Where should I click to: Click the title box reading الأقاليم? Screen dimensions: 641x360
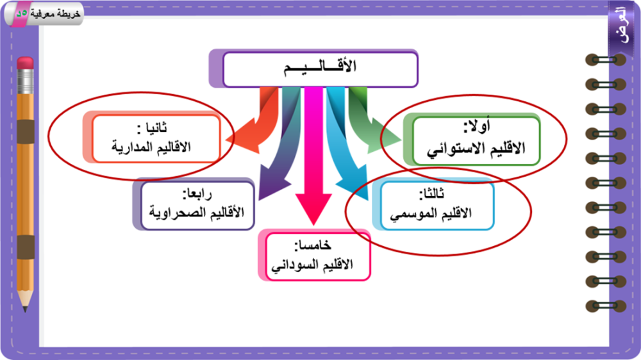point(320,69)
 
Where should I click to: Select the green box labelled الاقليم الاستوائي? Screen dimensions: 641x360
point(476,141)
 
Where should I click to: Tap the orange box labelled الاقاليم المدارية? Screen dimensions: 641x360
point(156,138)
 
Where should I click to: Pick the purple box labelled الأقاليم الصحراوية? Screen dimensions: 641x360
point(197,206)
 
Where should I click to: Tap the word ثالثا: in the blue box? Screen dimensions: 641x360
point(432,194)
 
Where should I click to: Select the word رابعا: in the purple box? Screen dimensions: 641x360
point(197,193)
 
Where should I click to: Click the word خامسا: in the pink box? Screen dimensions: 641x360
point(313,245)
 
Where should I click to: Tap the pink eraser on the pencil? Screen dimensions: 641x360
point(26,63)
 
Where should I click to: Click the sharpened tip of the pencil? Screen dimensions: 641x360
point(26,309)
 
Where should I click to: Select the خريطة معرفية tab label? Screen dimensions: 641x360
point(55,13)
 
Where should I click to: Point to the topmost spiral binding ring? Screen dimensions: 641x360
point(606,60)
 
